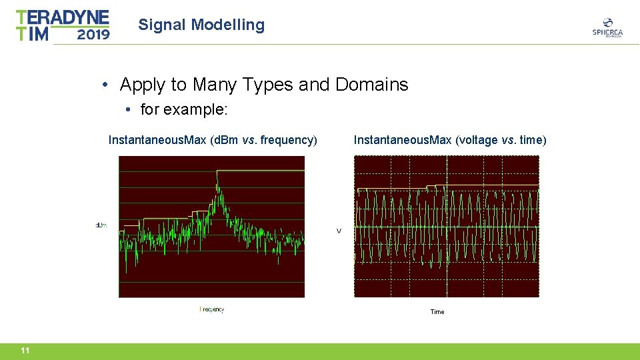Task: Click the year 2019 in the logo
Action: [x=93, y=34]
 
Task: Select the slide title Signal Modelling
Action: [x=201, y=25]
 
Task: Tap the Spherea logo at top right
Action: [x=607, y=27]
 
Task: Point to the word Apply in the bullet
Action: [x=143, y=85]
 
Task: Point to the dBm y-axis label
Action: [x=101, y=225]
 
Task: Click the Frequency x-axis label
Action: [x=213, y=309]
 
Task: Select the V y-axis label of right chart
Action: [x=339, y=231]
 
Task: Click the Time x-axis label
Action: [x=437, y=312]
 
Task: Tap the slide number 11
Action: [x=25, y=351]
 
